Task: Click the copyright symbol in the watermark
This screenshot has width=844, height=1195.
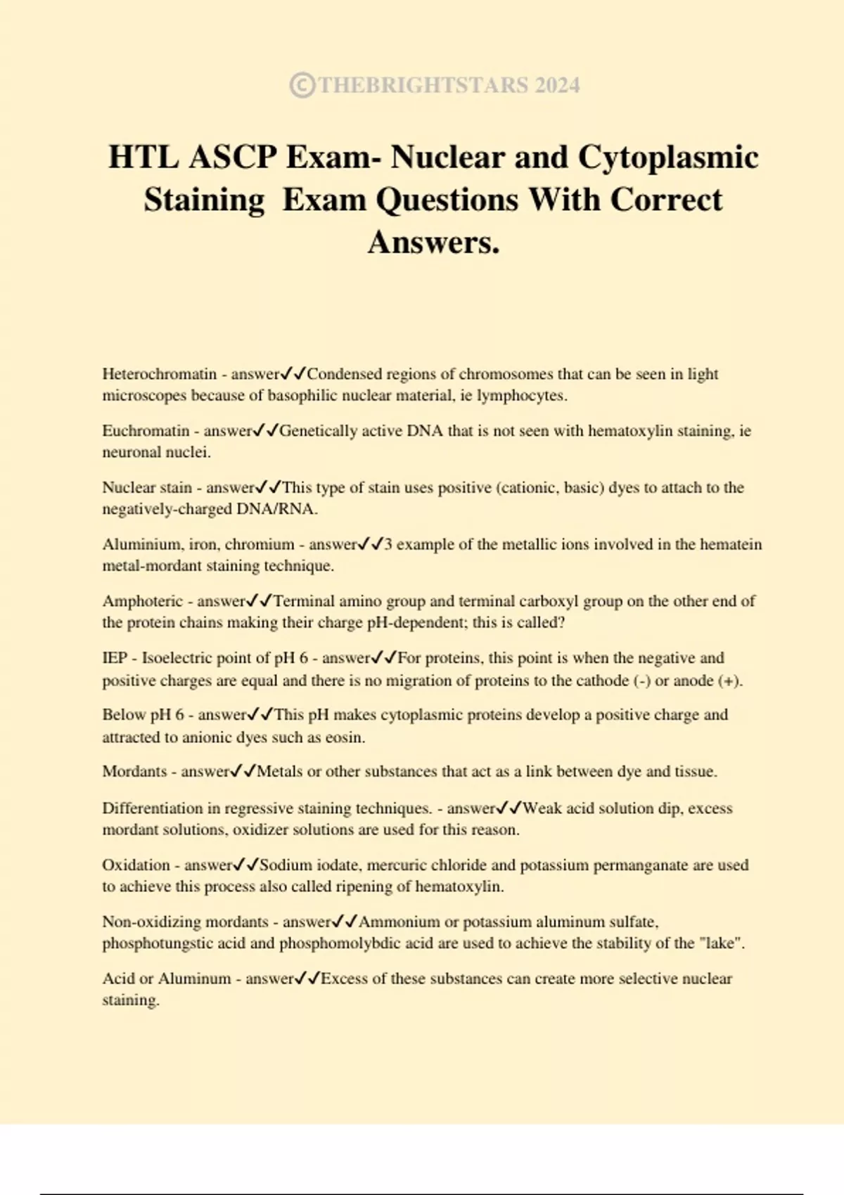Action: click(302, 85)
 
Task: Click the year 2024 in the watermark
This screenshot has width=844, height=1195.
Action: click(556, 85)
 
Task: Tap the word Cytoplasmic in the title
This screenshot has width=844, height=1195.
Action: click(667, 157)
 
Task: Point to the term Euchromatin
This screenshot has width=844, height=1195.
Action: click(146, 431)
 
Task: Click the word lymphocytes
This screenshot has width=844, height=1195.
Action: click(521, 396)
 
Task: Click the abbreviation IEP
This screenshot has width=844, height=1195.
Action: click(115, 658)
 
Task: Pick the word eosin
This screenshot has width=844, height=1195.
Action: click(345, 737)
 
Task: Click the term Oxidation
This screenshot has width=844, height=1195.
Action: click(136, 865)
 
